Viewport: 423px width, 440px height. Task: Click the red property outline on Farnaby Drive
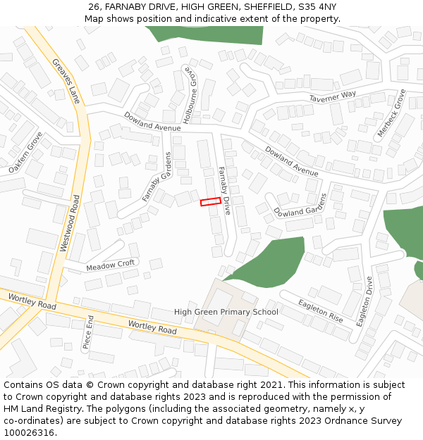click(x=211, y=201)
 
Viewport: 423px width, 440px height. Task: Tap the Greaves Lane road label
click(x=67, y=82)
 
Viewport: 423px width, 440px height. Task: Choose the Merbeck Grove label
click(x=391, y=113)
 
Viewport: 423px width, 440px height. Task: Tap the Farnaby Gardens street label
click(x=158, y=177)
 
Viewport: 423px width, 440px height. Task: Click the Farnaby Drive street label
click(x=225, y=190)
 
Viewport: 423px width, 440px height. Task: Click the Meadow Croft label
click(x=110, y=266)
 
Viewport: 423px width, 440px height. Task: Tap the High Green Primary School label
click(x=226, y=312)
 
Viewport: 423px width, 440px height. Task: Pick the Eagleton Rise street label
click(x=320, y=310)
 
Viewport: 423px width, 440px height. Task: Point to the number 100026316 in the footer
click(x=29, y=433)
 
